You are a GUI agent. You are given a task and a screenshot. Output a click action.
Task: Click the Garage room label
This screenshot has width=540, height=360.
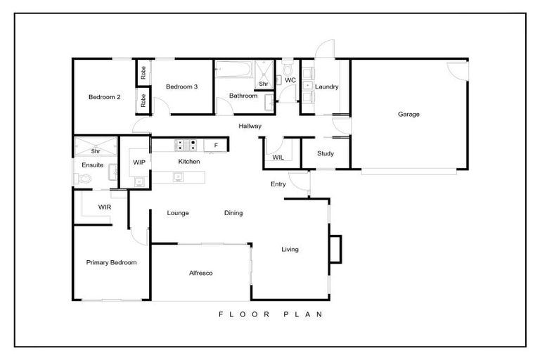click(x=409, y=114)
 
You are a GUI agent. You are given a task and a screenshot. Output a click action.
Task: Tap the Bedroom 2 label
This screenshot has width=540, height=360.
click(x=104, y=97)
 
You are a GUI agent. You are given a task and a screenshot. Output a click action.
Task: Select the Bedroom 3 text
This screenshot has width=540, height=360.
click(x=181, y=86)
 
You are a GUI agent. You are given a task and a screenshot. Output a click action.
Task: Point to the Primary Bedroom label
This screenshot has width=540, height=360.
click(x=111, y=262)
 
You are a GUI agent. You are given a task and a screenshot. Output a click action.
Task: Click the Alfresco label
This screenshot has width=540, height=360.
click(x=201, y=273)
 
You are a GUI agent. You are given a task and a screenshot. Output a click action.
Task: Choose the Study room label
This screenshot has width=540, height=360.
click(x=325, y=153)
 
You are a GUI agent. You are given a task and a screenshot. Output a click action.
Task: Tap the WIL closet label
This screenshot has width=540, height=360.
click(x=278, y=157)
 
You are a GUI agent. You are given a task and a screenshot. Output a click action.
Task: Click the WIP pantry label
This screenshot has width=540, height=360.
click(x=139, y=162)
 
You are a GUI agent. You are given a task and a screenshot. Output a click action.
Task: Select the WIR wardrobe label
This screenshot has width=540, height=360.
click(x=104, y=207)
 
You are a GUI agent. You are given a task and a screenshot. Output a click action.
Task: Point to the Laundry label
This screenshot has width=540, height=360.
click(x=327, y=87)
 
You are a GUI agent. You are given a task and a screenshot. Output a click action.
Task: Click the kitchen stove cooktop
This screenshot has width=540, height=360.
click(x=184, y=146)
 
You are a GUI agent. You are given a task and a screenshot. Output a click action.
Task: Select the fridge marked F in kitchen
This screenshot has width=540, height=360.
click(x=216, y=146)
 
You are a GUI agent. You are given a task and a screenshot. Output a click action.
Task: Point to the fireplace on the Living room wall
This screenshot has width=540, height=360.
click(x=335, y=247)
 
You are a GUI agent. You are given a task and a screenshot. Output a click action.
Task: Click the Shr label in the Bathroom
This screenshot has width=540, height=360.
click(x=264, y=84)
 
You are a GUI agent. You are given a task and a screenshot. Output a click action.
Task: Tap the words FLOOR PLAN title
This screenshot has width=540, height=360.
click(x=269, y=314)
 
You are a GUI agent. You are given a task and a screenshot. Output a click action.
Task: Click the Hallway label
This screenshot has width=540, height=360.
click(x=250, y=127)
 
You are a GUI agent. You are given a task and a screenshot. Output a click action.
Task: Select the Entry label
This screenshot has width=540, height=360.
click(x=278, y=184)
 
